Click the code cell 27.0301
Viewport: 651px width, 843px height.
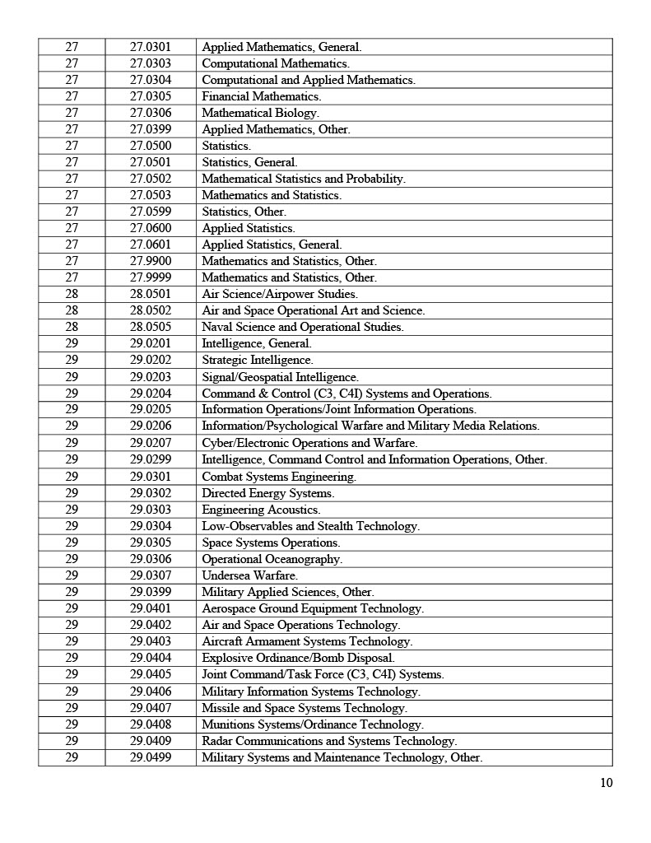click(x=151, y=47)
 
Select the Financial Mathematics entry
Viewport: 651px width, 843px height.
click(x=262, y=96)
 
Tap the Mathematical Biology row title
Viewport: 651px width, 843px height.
click(x=260, y=113)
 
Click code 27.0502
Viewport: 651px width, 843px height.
click(x=151, y=179)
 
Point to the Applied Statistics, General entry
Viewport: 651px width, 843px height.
click(x=272, y=245)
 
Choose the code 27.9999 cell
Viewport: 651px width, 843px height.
click(x=151, y=277)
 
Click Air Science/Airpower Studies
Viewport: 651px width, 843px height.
click(x=280, y=294)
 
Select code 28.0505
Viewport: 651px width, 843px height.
click(x=151, y=327)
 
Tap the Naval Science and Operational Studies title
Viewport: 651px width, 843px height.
click(x=303, y=327)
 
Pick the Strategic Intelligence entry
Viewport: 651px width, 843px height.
click(x=258, y=360)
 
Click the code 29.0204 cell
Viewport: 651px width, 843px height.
click(x=151, y=394)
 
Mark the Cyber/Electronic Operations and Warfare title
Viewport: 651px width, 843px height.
click(x=309, y=443)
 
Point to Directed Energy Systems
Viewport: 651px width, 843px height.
click(x=268, y=493)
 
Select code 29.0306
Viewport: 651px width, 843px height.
click(x=151, y=559)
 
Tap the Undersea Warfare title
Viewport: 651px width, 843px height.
click(x=250, y=575)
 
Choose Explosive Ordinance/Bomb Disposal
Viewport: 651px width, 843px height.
click(x=298, y=658)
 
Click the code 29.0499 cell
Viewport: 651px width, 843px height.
click(x=151, y=757)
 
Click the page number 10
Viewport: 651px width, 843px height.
click(x=607, y=783)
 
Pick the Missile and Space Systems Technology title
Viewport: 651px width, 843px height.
click(x=305, y=708)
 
